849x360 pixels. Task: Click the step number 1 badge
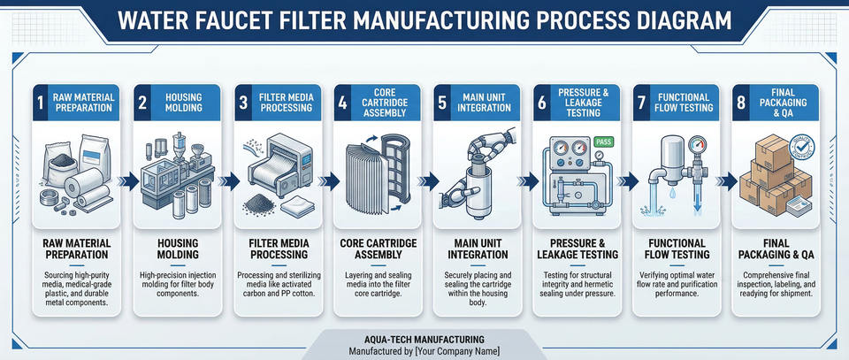(x=40, y=103)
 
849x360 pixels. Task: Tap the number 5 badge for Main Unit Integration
(x=442, y=103)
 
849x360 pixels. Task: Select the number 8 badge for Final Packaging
(x=741, y=103)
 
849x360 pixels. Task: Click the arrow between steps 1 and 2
(x=129, y=180)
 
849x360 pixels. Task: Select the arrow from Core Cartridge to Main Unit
(x=430, y=180)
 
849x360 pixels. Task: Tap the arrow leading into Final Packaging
(x=729, y=180)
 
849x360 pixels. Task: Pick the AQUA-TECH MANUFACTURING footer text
(x=424, y=340)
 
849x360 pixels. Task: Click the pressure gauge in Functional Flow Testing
(x=698, y=146)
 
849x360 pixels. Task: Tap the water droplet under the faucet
(x=672, y=192)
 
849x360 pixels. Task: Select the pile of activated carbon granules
(x=259, y=204)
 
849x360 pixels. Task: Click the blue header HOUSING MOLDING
(x=184, y=103)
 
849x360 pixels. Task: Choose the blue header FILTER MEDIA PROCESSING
(x=286, y=103)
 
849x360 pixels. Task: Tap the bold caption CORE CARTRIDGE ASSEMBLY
(x=379, y=249)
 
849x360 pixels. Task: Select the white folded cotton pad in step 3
(x=298, y=206)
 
